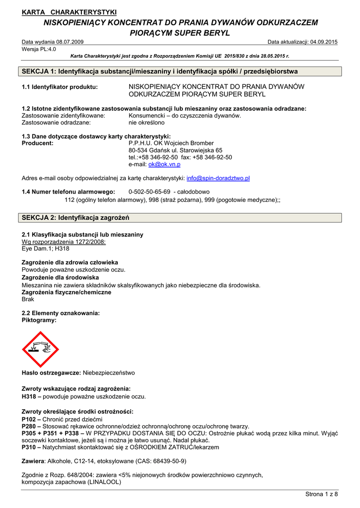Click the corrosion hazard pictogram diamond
coord(40,349)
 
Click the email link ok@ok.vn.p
coord(164,164)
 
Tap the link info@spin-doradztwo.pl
coord(218,178)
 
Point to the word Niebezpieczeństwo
coord(109,373)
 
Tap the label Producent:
coord(38,143)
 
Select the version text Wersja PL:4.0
coord(39,49)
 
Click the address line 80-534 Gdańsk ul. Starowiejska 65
coord(175,150)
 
